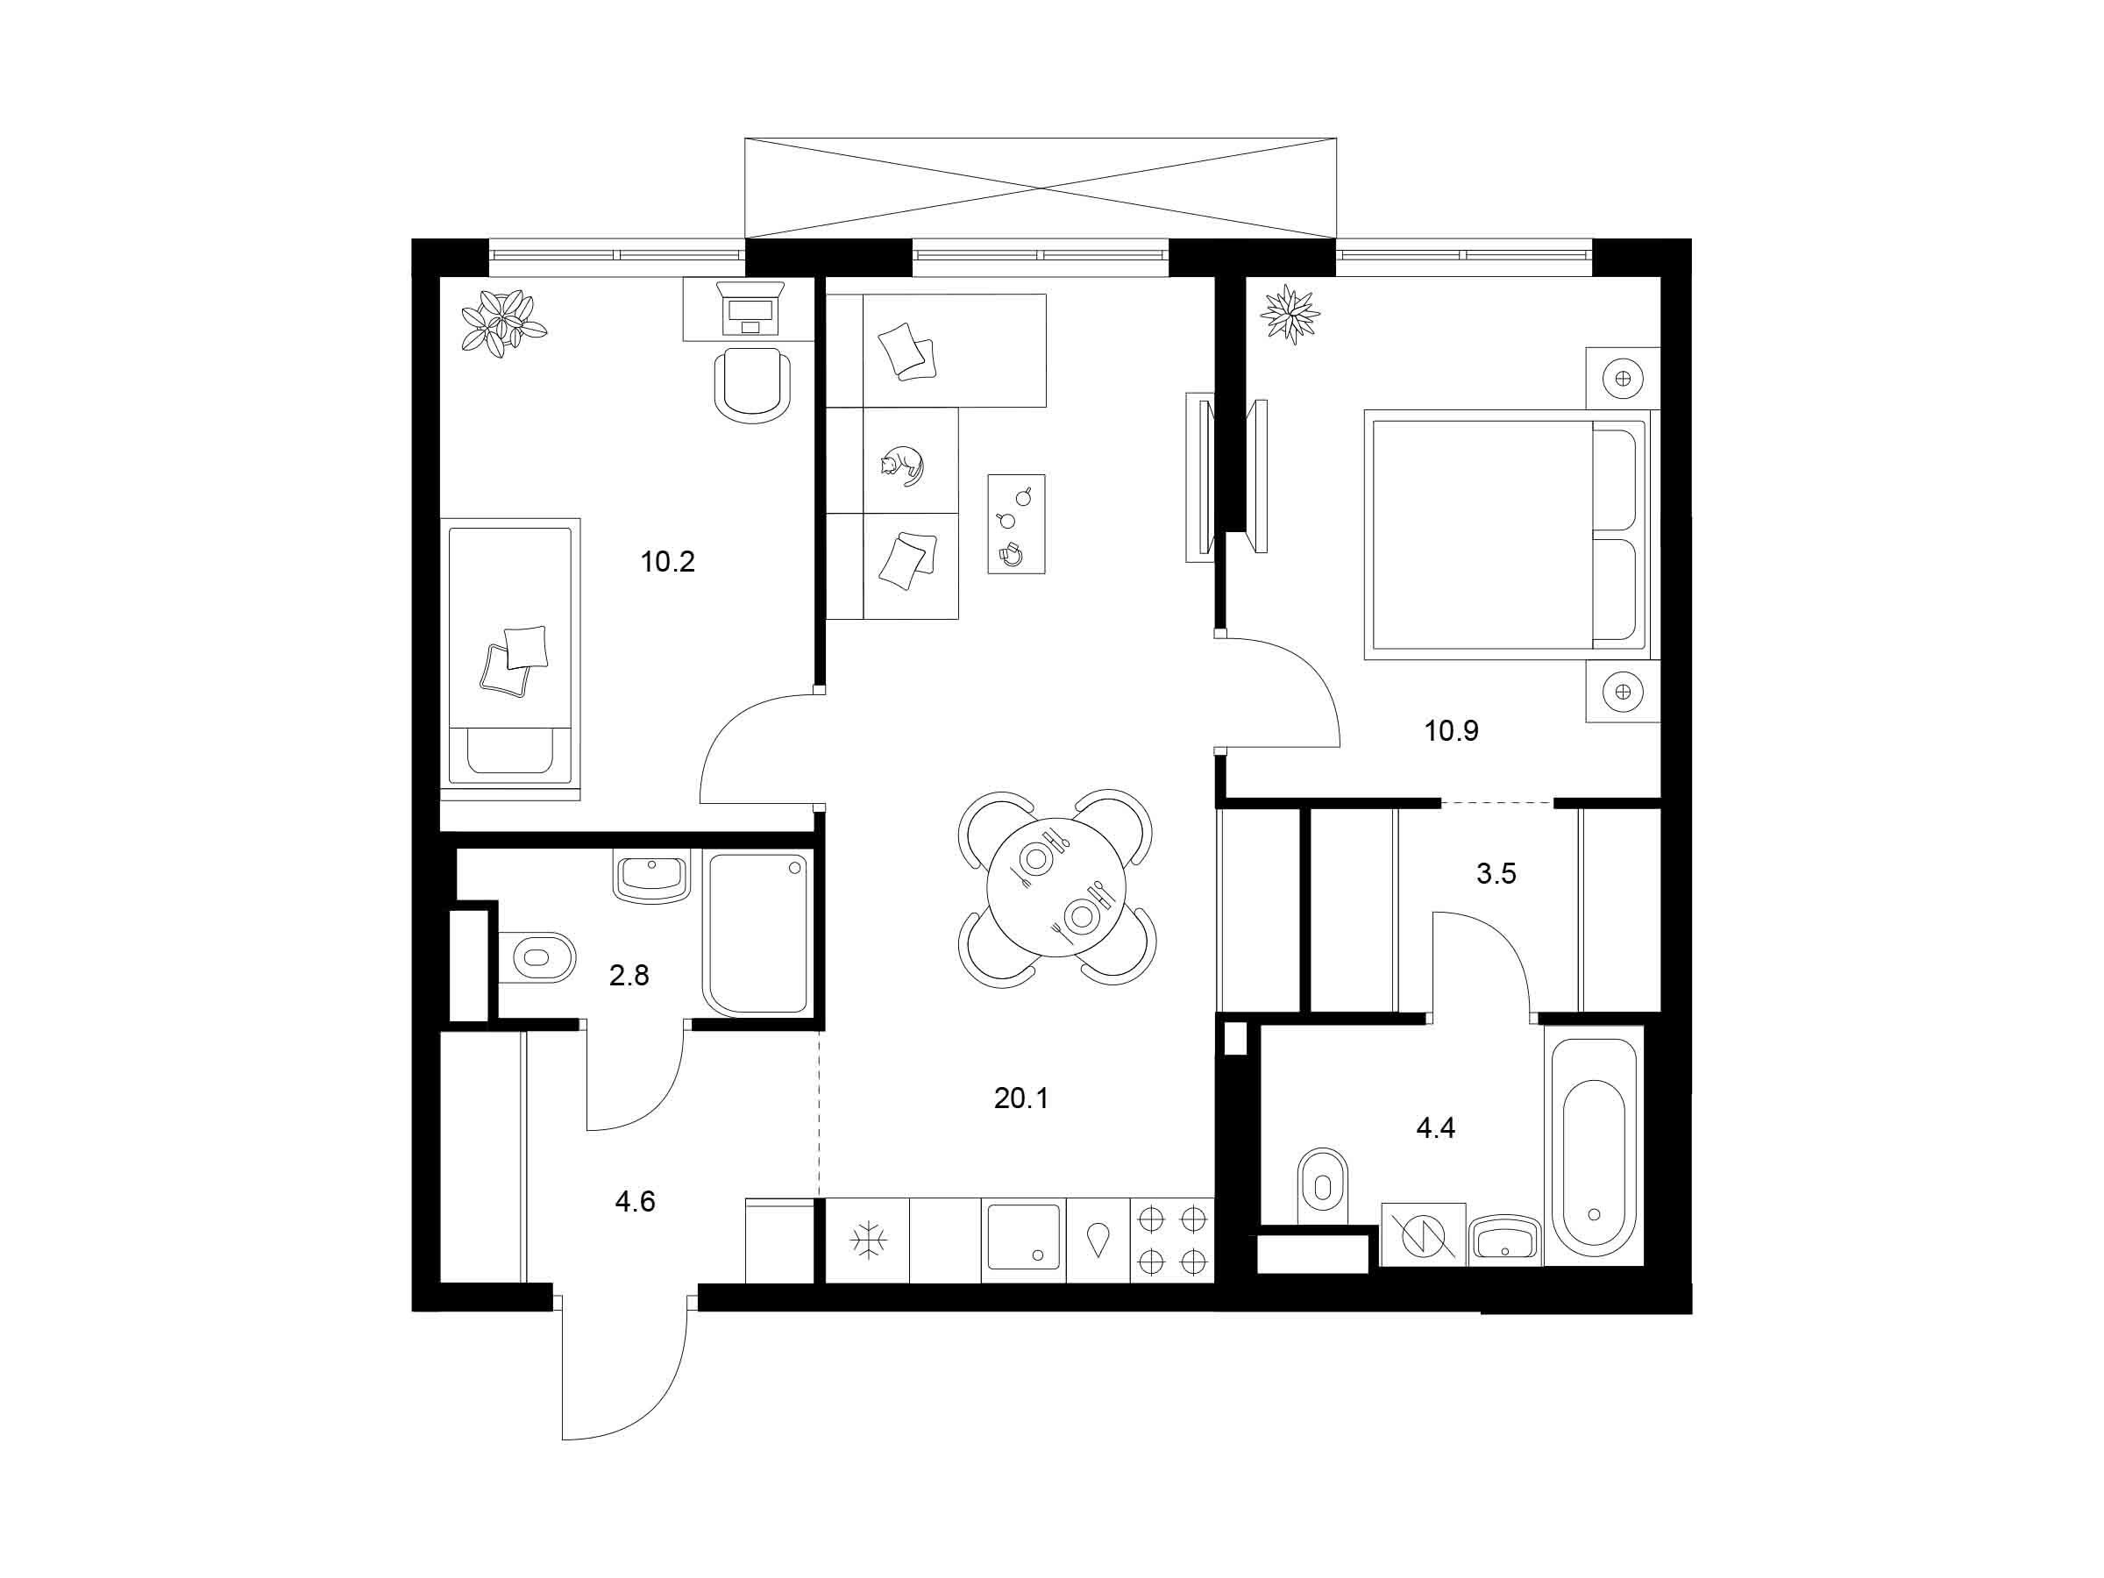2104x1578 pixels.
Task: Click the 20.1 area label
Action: point(1020,1098)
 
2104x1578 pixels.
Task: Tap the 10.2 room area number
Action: point(668,562)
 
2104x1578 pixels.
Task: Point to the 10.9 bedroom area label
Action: point(1452,731)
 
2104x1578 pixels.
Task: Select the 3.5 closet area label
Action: point(1496,873)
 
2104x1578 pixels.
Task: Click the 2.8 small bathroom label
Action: point(629,975)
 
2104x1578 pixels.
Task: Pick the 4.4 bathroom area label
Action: point(1435,1128)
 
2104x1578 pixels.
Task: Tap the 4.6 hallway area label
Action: point(635,1201)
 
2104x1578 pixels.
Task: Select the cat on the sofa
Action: point(900,466)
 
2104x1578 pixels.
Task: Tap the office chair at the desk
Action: point(752,384)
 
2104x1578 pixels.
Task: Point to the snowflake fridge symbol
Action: point(869,1240)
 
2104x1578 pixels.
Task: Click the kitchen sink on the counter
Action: point(1023,1236)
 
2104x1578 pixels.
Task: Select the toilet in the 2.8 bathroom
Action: point(537,956)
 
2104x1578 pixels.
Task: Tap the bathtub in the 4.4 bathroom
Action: point(1593,1152)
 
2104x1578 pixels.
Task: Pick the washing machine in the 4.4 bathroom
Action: point(1424,1234)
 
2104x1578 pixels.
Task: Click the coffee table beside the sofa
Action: point(1016,524)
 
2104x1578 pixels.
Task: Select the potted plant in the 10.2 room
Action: point(503,323)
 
